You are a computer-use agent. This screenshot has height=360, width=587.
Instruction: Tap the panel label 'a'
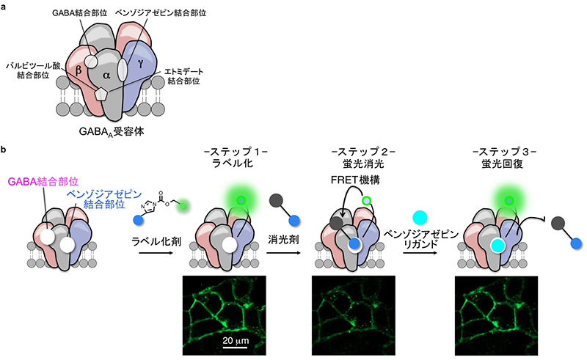coord(5,7)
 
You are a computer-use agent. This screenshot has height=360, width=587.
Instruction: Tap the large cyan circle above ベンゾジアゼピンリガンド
coord(420,218)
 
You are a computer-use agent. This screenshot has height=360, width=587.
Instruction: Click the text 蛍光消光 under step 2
coord(357,165)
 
